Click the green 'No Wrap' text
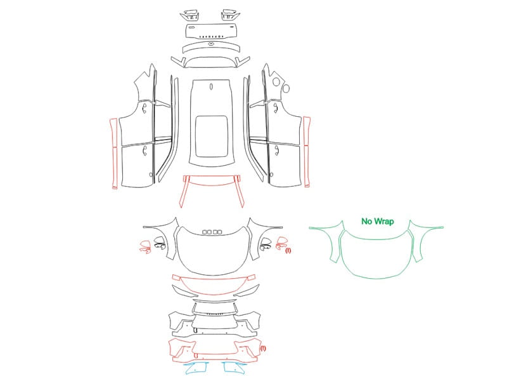(x=377, y=221)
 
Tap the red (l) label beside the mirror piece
(x=288, y=250)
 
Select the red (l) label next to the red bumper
(x=263, y=348)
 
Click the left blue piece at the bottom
(x=197, y=368)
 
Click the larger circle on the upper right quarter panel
(x=276, y=82)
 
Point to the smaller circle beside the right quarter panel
(x=286, y=88)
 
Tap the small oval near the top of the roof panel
(x=212, y=86)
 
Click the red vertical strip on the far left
(x=113, y=154)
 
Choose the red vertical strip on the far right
(x=307, y=152)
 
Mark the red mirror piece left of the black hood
(x=145, y=246)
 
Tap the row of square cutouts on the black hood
(x=212, y=232)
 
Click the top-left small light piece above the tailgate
(x=190, y=15)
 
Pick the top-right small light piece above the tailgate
(x=230, y=15)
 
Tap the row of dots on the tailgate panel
(x=212, y=37)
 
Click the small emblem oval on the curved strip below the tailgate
(x=211, y=44)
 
